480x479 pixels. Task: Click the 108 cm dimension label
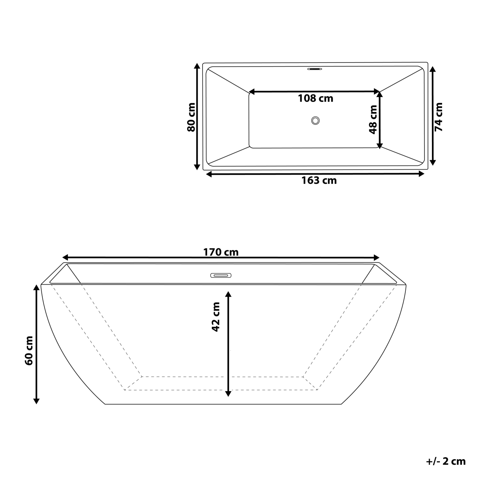pos(315,98)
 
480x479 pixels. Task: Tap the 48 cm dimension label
pos(373,119)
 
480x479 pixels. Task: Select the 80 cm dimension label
pos(191,117)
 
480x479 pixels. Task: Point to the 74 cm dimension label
pos(438,117)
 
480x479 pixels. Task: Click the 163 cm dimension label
pos(319,181)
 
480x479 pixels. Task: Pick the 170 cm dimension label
pos(221,252)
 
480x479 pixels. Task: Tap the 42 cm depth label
pos(216,316)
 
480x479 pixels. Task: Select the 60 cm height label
pos(29,350)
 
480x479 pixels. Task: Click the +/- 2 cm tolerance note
pos(445,461)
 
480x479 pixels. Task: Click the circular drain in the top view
pos(315,121)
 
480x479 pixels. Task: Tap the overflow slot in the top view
pos(315,69)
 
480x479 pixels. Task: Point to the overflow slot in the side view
pos(221,275)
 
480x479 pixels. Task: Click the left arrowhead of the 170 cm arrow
pos(65,257)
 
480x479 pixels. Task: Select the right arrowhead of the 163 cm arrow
pos(421,173)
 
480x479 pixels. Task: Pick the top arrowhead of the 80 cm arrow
pos(196,66)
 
